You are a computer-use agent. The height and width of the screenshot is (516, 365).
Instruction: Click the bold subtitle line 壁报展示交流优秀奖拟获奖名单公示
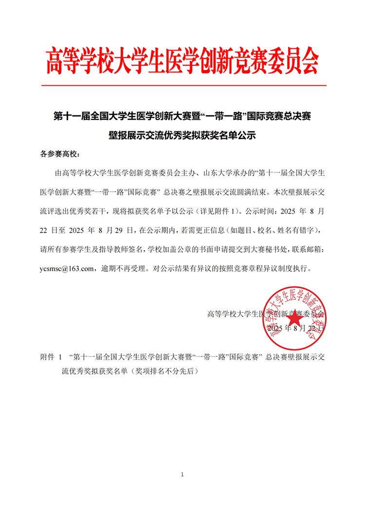click(182, 136)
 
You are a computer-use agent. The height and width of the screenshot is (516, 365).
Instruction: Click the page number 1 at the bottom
click(182, 474)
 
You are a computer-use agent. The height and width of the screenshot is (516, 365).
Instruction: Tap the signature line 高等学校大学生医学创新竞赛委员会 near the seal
click(266, 314)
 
